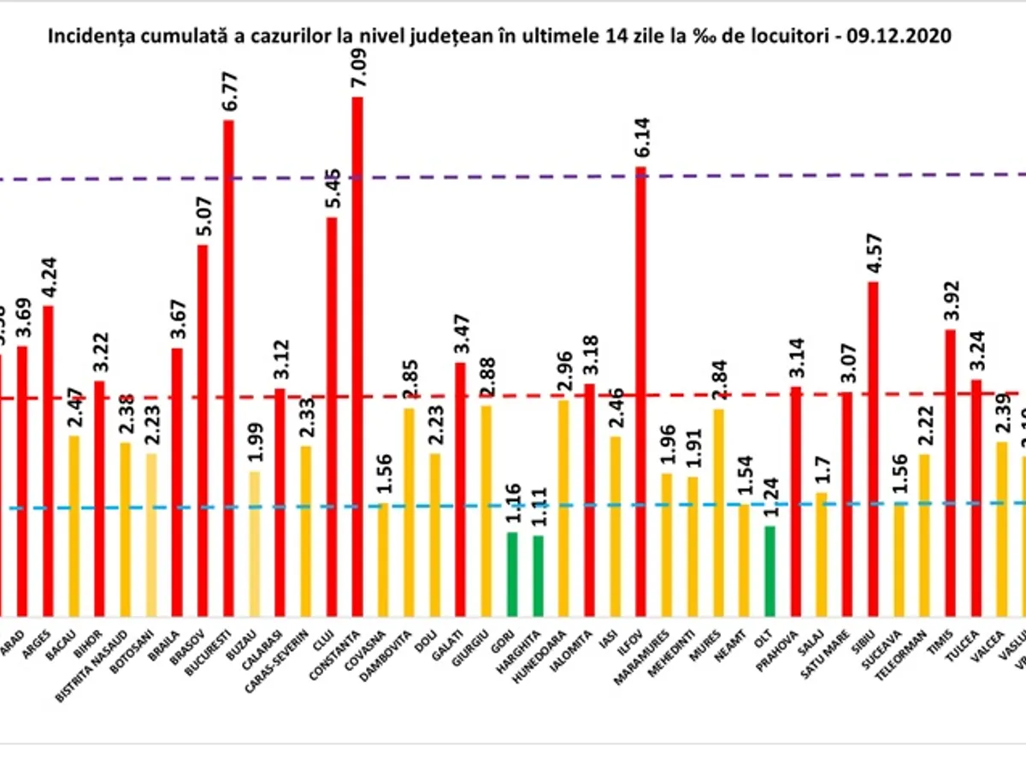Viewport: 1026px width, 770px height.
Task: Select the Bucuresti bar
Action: coord(228,368)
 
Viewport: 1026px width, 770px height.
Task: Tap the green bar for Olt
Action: coord(769,571)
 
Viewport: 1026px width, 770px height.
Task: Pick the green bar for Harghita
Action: coord(538,575)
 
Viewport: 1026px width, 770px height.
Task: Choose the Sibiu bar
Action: coord(873,448)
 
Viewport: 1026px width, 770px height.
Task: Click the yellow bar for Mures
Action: coord(718,512)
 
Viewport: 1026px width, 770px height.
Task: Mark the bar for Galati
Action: coord(460,489)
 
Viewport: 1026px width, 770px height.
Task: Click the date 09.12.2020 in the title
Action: coord(906,38)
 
